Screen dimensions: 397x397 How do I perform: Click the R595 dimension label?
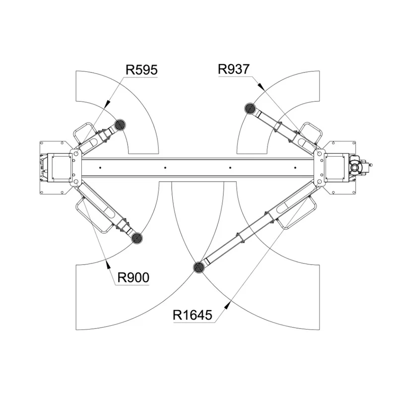click(x=141, y=70)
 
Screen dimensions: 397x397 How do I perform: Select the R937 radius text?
click(x=234, y=69)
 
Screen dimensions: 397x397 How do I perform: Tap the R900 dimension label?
click(x=133, y=278)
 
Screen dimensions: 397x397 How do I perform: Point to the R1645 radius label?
click(x=193, y=315)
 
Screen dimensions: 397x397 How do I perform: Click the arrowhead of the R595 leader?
click(x=107, y=104)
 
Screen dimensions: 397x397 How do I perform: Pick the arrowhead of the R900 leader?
click(x=108, y=265)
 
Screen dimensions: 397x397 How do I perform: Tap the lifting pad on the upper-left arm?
click(x=120, y=125)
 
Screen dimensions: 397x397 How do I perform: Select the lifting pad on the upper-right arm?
click(x=250, y=108)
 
